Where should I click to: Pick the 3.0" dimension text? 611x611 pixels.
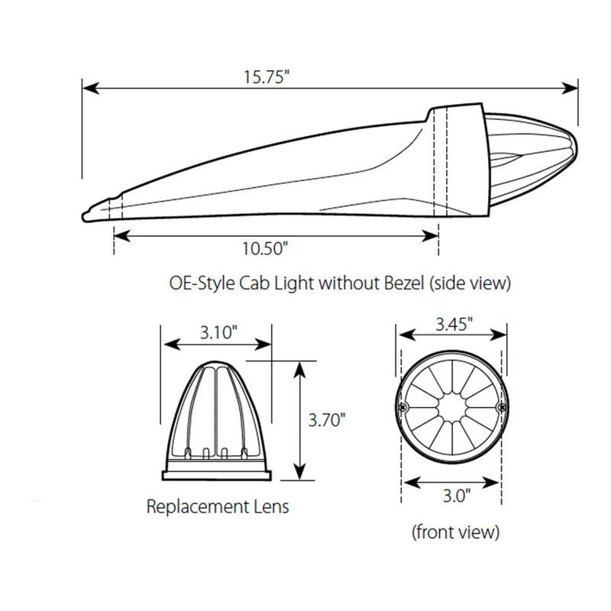pos(454,496)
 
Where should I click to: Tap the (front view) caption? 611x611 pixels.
pos(454,531)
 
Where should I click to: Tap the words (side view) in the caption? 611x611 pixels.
pos(470,284)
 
